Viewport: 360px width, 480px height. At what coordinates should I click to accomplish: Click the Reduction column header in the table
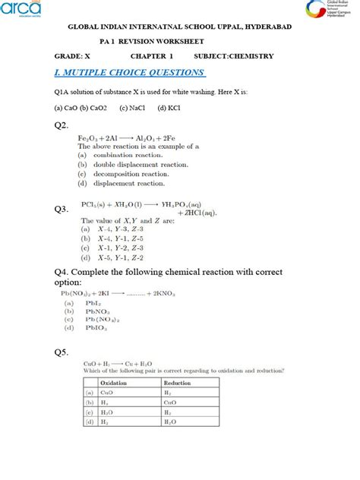pyautogui.click(x=178, y=384)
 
